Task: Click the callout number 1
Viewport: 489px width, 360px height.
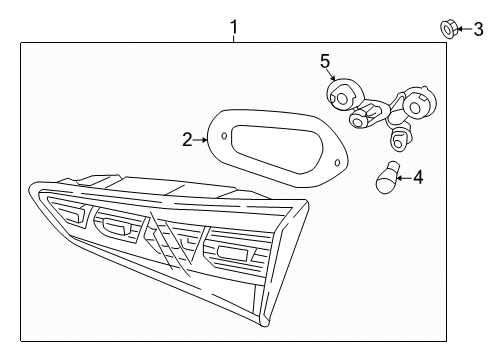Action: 234,27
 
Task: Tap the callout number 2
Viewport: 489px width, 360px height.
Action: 187,140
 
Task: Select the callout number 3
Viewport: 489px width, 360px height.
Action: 478,29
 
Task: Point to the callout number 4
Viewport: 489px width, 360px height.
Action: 418,177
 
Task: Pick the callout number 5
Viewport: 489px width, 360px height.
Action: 325,62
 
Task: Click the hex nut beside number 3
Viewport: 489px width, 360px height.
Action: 449,29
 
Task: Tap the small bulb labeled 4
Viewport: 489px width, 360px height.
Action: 387,177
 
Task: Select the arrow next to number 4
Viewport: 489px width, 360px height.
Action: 404,178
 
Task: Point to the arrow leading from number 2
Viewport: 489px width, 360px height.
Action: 200,140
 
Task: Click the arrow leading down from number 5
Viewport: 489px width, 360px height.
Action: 332,74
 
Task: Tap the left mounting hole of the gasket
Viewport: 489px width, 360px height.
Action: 224,136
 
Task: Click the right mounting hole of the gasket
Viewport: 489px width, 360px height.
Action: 337,163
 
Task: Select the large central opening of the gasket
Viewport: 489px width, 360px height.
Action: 277,149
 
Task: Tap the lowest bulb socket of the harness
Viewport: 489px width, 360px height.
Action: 399,139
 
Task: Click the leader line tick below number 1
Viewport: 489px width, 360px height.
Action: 234,39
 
